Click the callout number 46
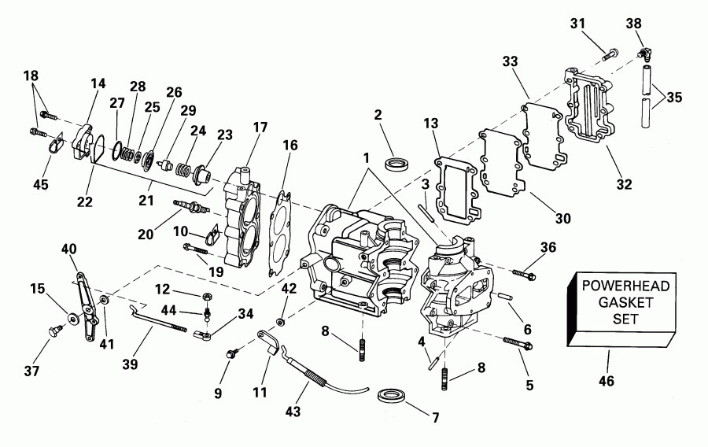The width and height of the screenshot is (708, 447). click(605, 382)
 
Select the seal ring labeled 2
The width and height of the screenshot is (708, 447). click(397, 164)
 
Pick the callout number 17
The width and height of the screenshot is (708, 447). click(259, 126)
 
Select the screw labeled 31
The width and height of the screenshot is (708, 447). click(609, 55)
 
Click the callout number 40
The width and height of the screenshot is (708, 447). click(68, 249)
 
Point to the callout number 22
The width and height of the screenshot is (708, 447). click(85, 201)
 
